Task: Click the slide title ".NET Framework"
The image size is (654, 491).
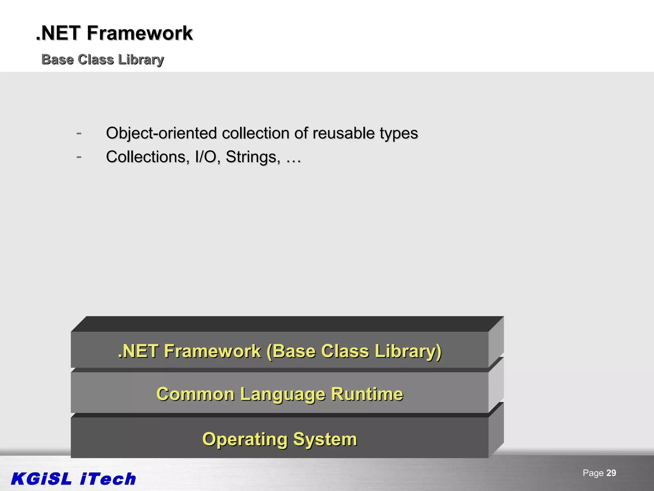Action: click(114, 33)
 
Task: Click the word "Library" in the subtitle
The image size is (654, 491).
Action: click(141, 60)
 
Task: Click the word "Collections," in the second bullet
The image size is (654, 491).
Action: click(148, 157)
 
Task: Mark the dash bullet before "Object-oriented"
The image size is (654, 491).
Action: click(79, 133)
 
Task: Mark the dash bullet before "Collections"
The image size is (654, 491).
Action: click(79, 157)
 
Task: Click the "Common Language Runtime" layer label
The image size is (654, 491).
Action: click(280, 394)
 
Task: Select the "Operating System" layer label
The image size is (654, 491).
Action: click(280, 439)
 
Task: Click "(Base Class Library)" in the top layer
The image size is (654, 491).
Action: click(354, 351)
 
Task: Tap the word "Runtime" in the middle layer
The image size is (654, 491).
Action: click(367, 394)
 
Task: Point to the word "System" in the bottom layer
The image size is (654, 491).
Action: click(325, 439)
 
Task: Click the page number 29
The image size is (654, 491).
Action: click(611, 473)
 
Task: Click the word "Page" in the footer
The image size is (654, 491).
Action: click(593, 473)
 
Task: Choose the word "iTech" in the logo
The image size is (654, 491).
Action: click(108, 479)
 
